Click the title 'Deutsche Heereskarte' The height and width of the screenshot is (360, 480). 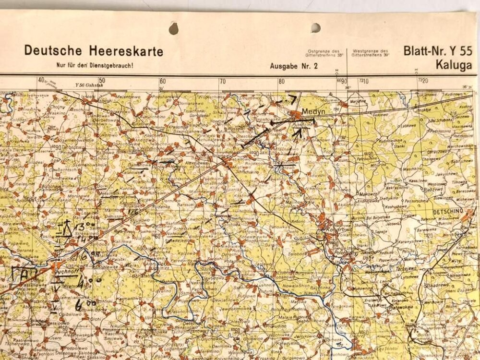click(x=94, y=51)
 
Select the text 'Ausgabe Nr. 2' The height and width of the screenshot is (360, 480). click(x=294, y=66)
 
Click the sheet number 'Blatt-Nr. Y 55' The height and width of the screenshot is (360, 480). click(x=437, y=51)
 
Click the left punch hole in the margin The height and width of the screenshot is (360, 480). click(x=174, y=29)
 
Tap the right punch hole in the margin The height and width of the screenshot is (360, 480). click(x=315, y=27)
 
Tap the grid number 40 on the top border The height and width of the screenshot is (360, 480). click(x=41, y=81)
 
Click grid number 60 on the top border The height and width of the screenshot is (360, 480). click(x=163, y=81)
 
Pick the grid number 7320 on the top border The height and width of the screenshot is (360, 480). click(x=422, y=81)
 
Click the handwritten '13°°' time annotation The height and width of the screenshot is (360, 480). click(x=85, y=226)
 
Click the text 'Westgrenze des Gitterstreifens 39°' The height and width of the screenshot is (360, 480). click(x=371, y=53)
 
